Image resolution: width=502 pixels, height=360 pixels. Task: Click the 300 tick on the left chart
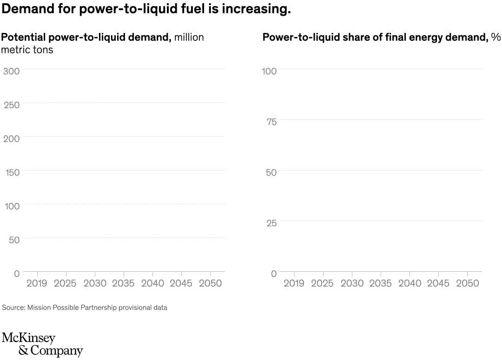click(11, 71)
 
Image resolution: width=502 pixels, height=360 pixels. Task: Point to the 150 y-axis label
click(12, 173)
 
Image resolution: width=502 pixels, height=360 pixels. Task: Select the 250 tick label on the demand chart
click(11, 105)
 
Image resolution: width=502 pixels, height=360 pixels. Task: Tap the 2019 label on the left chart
click(37, 283)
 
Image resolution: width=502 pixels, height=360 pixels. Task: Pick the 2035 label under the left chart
click(123, 283)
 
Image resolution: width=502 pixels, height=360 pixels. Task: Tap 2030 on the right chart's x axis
click(352, 283)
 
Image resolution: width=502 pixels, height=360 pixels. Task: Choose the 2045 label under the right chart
click(438, 283)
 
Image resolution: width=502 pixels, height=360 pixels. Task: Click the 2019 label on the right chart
click(294, 283)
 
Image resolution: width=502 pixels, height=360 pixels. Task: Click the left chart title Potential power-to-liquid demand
click(86, 38)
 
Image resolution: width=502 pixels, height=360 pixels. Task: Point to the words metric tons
click(27, 50)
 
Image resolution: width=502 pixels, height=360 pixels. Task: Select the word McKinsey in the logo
click(28, 338)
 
